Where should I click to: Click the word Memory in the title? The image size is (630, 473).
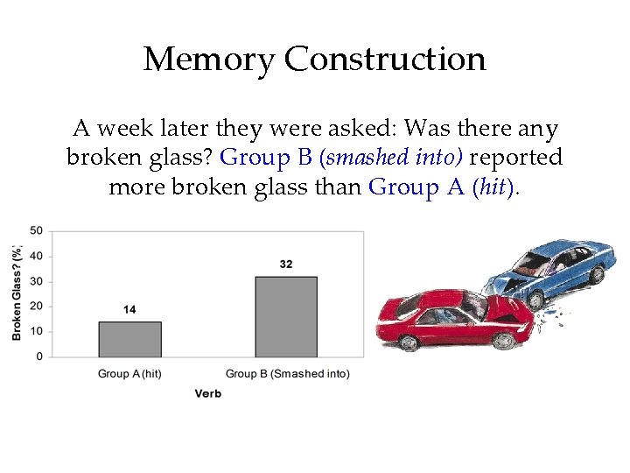(x=208, y=60)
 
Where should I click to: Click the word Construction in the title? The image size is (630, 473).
(x=385, y=60)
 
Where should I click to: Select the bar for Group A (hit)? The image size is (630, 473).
(x=129, y=339)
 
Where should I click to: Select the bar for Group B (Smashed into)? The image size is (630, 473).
(x=286, y=316)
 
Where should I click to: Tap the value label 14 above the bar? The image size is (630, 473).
(x=129, y=310)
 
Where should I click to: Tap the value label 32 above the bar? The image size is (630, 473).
(x=286, y=264)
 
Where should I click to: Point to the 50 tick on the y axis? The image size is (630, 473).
(x=37, y=231)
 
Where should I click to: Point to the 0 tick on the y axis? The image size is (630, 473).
(x=39, y=357)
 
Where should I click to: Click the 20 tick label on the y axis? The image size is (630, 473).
(x=37, y=307)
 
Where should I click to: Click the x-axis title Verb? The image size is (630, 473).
(x=207, y=394)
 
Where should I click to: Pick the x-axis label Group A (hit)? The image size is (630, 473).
(x=129, y=374)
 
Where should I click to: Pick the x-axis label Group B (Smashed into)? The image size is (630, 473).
(x=287, y=374)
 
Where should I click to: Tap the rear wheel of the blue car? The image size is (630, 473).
(x=597, y=274)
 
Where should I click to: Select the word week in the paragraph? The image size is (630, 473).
(x=125, y=130)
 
